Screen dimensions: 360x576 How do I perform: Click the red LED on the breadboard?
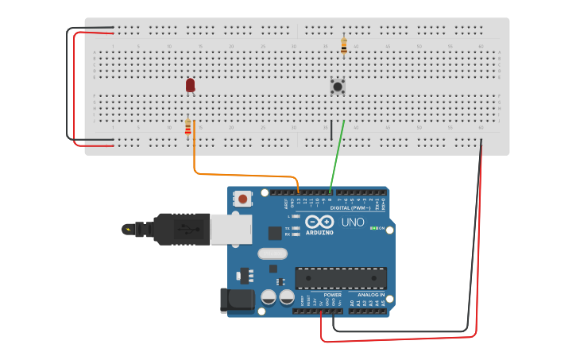tap(191, 84)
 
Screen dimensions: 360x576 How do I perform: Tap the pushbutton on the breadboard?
tap(338, 85)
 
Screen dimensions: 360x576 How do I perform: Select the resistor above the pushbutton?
tap(343, 46)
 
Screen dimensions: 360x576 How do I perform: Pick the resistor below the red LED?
tap(188, 128)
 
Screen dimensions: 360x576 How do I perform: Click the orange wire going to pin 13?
tap(238, 175)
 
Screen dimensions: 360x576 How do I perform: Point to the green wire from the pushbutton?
tap(337, 156)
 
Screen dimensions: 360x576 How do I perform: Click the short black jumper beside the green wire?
tap(331, 130)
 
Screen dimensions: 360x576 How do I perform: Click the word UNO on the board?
tap(353, 223)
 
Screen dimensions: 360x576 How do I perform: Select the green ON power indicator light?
tap(373, 229)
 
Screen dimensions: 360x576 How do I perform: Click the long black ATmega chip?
tap(341, 278)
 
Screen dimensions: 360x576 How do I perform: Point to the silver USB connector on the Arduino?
tap(230, 229)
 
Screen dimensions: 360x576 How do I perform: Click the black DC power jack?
tap(237, 300)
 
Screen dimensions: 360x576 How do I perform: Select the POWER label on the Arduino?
tap(332, 295)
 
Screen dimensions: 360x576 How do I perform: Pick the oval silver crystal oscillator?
tap(271, 254)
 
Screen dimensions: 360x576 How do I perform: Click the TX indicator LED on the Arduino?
tap(296, 228)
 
